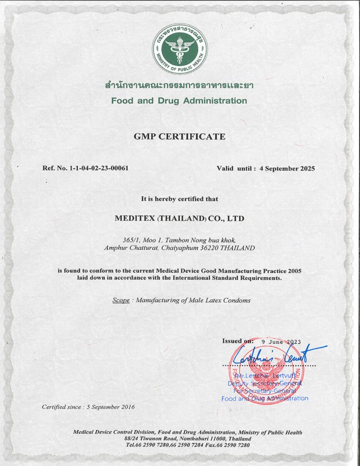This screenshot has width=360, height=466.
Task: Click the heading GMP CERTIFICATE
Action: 180,137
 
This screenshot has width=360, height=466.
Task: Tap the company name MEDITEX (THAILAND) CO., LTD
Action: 180,218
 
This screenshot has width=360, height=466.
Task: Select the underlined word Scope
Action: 121,300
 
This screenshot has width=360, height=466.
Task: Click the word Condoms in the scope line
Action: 237,300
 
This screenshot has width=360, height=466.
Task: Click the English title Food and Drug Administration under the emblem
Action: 179,101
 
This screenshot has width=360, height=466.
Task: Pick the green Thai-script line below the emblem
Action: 179,86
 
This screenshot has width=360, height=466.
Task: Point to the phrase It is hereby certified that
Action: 180,198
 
